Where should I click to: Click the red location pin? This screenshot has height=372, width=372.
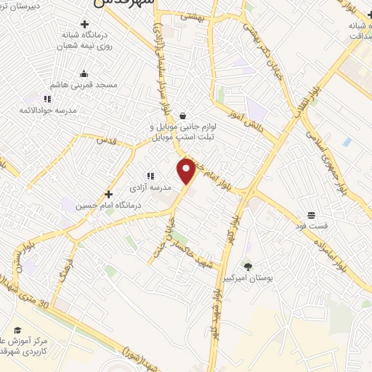[187, 170]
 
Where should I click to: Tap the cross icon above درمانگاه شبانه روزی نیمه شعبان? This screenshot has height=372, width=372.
[84, 25]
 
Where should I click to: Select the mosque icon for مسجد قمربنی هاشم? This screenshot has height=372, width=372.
[84, 73]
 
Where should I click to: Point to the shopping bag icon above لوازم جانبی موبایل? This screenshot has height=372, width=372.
[182, 114]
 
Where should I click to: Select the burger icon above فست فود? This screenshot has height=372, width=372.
[311, 215]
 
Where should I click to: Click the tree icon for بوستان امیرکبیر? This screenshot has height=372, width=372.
[248, 266]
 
